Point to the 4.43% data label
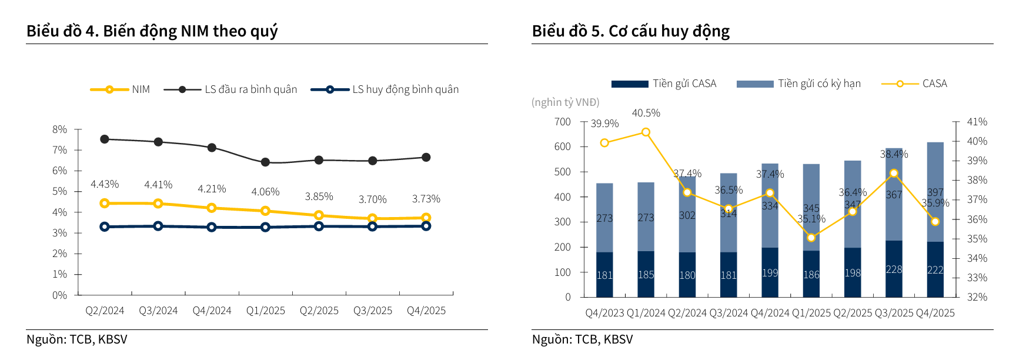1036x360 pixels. [x=105, y=184]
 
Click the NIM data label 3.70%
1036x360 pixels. [x=373, y=199]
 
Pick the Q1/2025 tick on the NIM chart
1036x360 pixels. [x=266, y=311]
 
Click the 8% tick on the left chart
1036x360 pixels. [x=60, y=129]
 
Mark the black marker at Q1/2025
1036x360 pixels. [x=265, y=162]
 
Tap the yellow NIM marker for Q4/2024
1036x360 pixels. [x=212, y=208]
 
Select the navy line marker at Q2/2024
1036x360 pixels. [x=105, y=226]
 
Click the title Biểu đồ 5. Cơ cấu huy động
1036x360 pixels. [x=630, y=31]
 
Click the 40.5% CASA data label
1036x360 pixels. [x=646, y=113]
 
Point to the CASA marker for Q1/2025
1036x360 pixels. [x=811, y=238]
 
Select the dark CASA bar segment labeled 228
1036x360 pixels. [x=894, y=269]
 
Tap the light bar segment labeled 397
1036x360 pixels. [x=935, y=192]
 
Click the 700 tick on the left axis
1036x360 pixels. [x=563, y=122]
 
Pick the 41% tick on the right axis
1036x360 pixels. [x=977, y=122]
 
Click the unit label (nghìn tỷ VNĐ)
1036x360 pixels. [x=566, y=102]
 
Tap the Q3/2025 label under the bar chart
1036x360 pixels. [x=894, y=313]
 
